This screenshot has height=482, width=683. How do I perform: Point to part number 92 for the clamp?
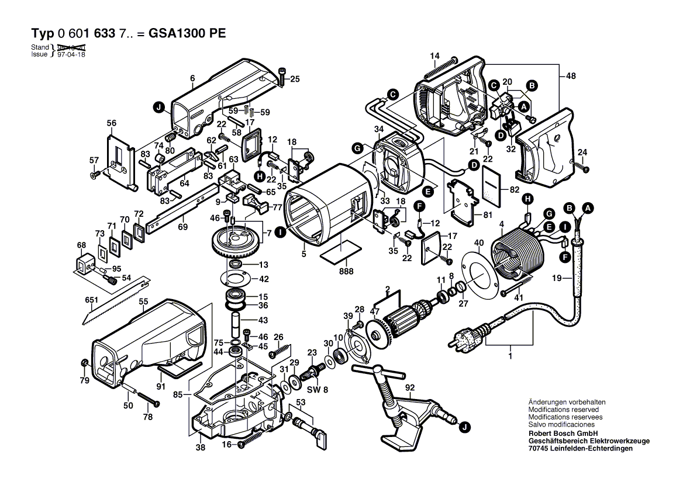[409, 386]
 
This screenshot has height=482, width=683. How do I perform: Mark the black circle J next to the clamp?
[463, 428]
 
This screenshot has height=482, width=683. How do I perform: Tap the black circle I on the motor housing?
[281, 233]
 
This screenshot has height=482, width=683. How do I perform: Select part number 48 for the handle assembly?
[571, 75]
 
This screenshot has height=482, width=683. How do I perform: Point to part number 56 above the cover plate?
[112, 123]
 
